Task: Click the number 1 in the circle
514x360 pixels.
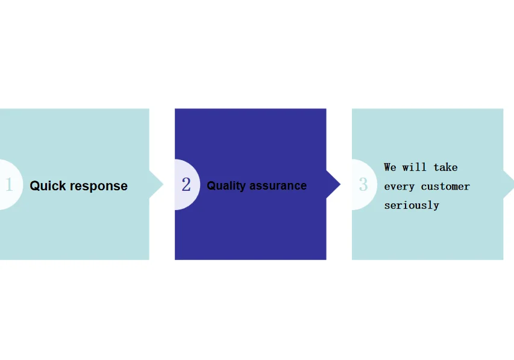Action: pos(8,185)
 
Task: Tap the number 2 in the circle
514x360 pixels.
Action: pos(186,185)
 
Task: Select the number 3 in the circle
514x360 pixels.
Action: pos(363,184)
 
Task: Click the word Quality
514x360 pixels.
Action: pos(226,186)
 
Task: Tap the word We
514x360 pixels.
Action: pos(390,167)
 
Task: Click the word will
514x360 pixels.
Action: pos(415,167)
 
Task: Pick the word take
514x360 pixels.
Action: pos(445,167)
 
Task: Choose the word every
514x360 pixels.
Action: pos(400,187)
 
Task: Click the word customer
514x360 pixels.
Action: pos(445,187)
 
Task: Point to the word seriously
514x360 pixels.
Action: pos(412,205)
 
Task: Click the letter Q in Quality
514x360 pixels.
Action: pos(211,186)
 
